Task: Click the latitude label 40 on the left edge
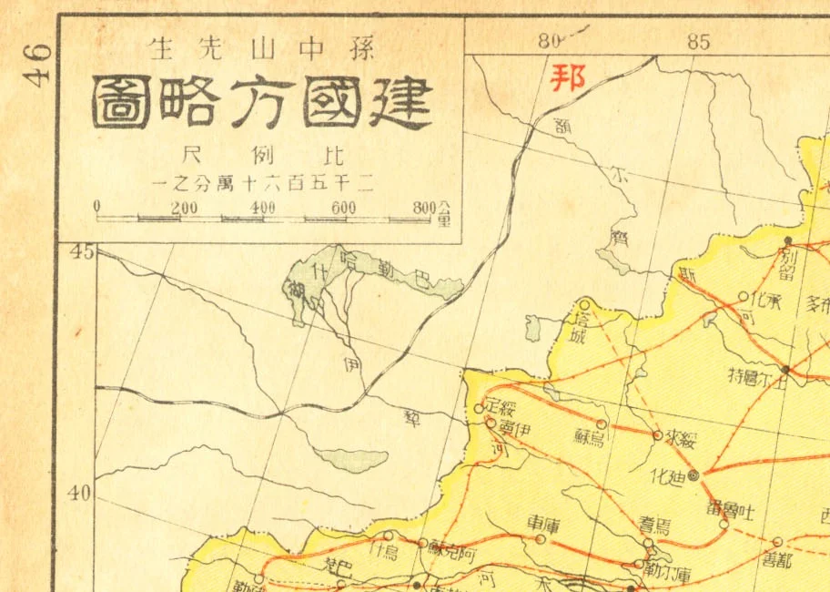(x=83, y=493)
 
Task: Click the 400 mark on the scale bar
(x=262, y=208)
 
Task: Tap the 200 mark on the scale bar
(x=184, y=208)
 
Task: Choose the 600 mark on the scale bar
(x=343, y=208)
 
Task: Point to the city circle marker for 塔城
(x=584, y=305)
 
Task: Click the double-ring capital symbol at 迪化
(x=693, y=475)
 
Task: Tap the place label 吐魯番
(x=731, y=507)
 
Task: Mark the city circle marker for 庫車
(x=541, y=538)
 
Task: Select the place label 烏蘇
(x=590, y=438)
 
